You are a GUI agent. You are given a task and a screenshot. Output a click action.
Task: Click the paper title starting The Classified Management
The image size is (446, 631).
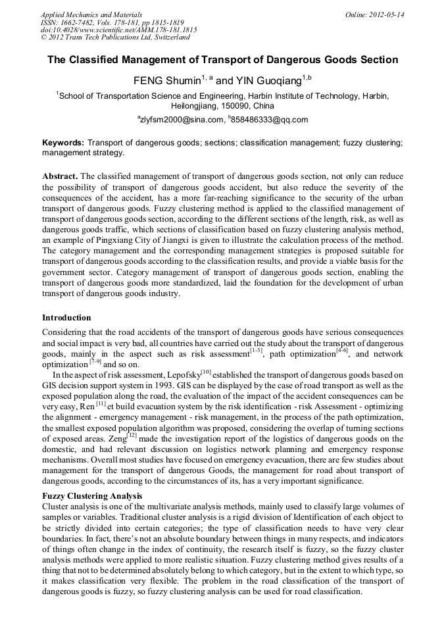coord(222,60)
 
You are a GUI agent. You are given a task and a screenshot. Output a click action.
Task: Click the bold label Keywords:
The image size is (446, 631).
coord(63,142)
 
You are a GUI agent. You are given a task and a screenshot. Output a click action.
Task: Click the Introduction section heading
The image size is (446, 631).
coord(66,318)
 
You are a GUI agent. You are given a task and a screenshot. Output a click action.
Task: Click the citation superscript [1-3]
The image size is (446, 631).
coord(256,351)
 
